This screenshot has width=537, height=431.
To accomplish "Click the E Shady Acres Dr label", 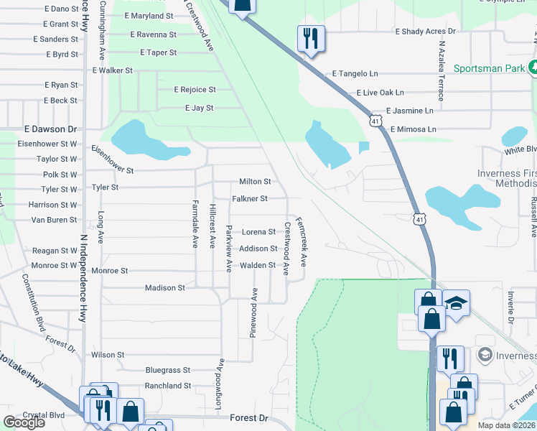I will pyautogui.click(x=426, y=32).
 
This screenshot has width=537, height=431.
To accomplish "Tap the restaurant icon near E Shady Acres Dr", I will pyautogui.click(x=311, y=38).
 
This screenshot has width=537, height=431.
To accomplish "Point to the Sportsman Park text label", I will pyautogui.click(x=490, y=70).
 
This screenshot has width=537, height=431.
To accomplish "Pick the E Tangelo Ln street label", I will pyautogui.click(x=355, y=74).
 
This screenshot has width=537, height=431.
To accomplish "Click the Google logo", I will pyautogui.click(x=24, y=422).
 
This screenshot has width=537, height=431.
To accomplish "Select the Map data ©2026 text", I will pyautogui.click(x=507, y=425).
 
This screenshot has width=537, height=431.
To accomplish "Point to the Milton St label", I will pyautogui.click(x=255, y=182).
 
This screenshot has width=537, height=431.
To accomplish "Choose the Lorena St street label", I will pyautogui.click(x=258, y=232).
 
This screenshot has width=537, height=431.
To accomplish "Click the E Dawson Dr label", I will pyautogui.click(x=50, y=129).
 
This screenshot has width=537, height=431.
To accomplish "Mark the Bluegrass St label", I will pyautogui.click(x=167, y=371).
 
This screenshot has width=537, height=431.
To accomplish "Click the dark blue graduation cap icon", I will pyautogui.click(x=455, y=302).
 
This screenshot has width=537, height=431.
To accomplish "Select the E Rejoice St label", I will pyautogui.click(x=195, y=90).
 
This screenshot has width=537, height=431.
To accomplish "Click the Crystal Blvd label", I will pyautogui.click(x=44, y=415).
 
